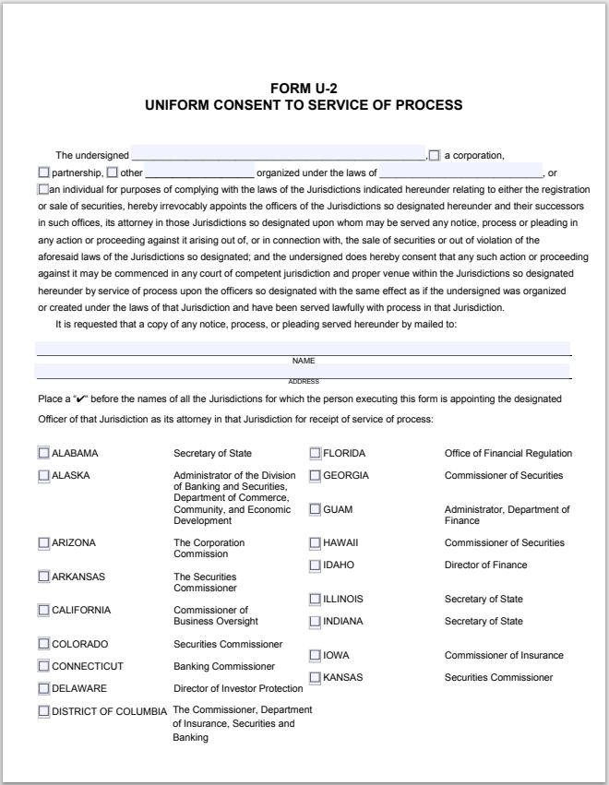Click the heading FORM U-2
304,89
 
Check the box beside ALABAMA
43,453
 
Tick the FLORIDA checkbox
315,453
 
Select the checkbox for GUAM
315,509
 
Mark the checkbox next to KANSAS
315,677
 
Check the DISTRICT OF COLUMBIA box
43,710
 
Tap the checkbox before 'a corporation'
435,155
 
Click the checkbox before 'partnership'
43,172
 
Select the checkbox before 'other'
112,172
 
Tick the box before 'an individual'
43,189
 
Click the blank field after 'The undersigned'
278,155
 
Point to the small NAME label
304,361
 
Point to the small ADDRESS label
304,381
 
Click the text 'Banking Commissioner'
224,666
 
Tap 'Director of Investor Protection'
238,688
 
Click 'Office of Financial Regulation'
508,453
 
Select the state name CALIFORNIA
81,610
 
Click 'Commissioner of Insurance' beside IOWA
504,655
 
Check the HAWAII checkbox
315,542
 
